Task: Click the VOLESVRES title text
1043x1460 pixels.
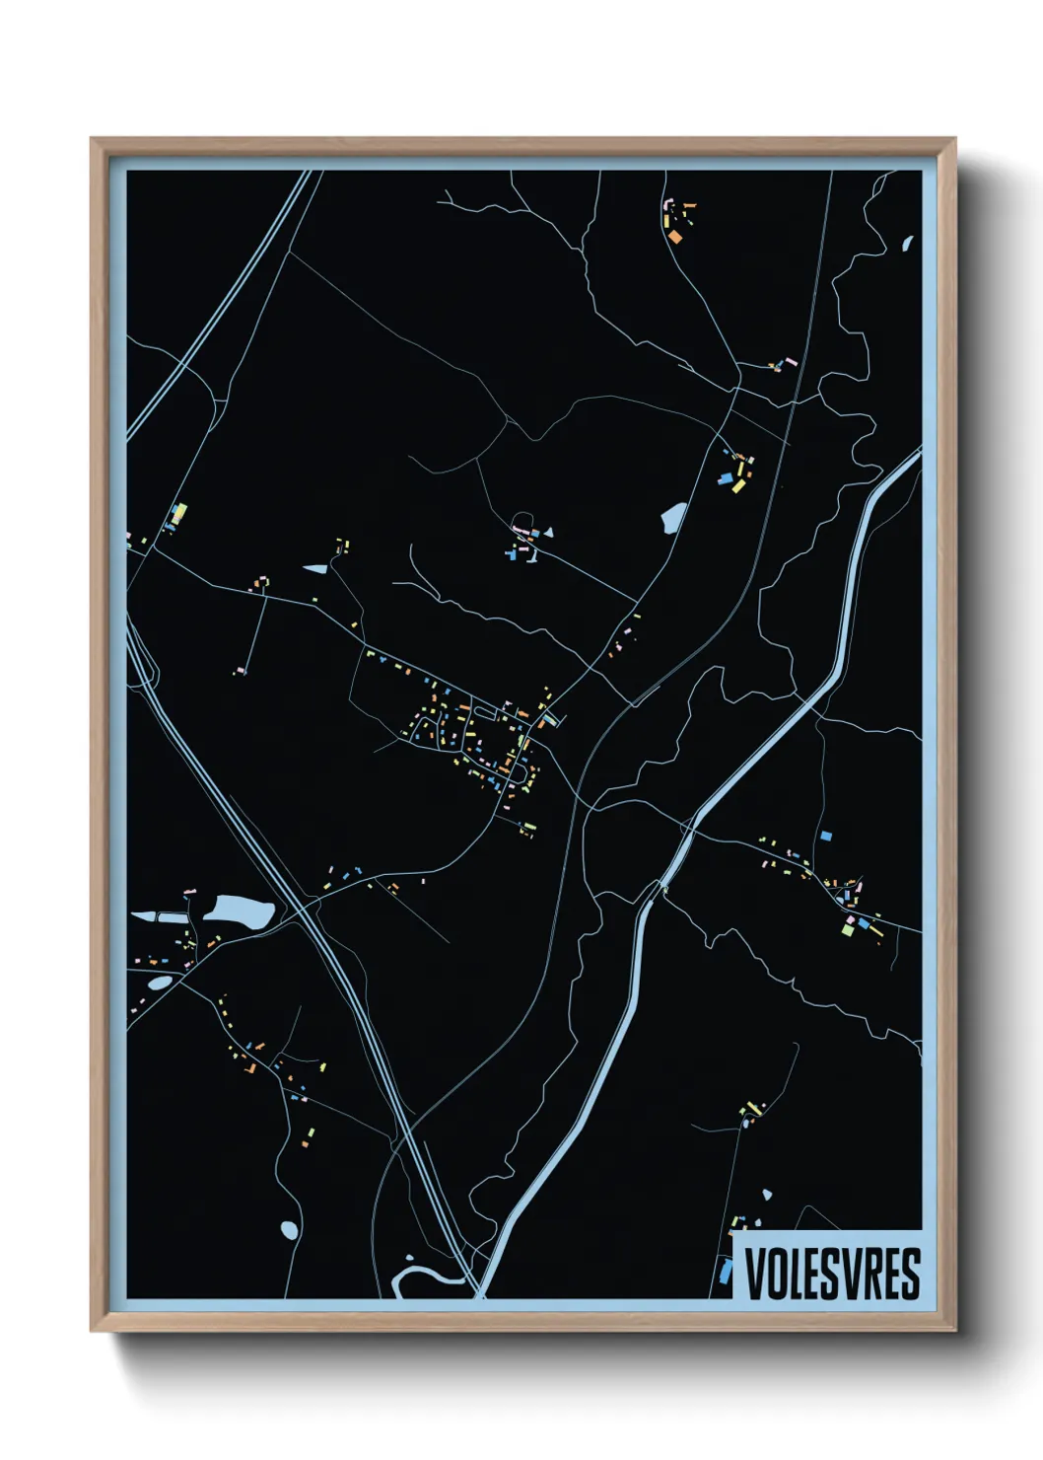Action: pyautogui.click(x=831, y=1274)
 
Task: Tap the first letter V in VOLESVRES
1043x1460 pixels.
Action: pyautogui.click(x=754, y=1274)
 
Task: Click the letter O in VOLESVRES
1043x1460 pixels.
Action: pyautogui.click(x=774, y=1274)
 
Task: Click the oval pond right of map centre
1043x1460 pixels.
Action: pyautogui.click(x=674, y=516)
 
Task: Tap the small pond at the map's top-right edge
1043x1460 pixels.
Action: pyautogui.click(x=908, y=243)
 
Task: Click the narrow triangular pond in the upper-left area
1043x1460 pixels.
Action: pyautogui.click(x=315, y=568)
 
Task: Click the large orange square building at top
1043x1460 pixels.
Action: pyautogui.click(x=675, y=236)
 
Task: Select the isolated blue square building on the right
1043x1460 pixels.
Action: pyautogui.click(x=826, y=836)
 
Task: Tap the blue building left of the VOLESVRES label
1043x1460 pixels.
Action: pyautogui.click(x=727, y=1272)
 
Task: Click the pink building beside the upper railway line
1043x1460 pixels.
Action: pyautogui.click(x=776, y=366)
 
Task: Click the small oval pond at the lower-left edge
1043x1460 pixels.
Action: pyautogui.click(x=158, y=983)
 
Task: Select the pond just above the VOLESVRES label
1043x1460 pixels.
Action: pyautogui.click(x=767, y=1196)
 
